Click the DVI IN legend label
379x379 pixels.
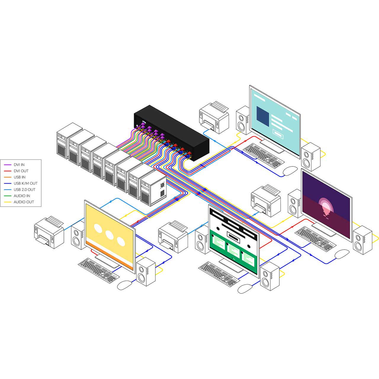tap(19, 165)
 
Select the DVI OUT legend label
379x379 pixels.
tap(21, 171)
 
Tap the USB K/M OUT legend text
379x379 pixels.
tap(25, 183)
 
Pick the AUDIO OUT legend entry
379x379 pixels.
tap(24, 202)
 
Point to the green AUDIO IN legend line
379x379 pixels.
tap(8, 196)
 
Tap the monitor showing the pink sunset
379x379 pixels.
tap(327, 203)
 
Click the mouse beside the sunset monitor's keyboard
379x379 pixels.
tap(342, 254)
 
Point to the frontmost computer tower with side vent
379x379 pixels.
tap(153, 189)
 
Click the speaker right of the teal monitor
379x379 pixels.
tap(310, 157)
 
